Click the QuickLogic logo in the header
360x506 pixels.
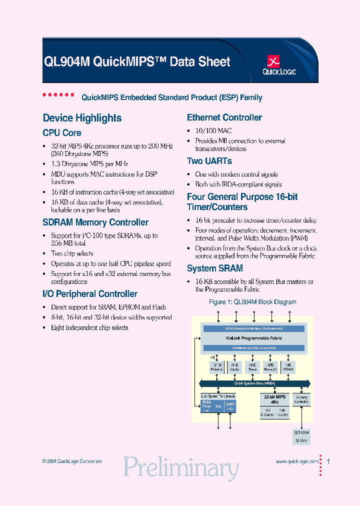tap(279, 66)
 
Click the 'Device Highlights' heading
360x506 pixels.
tap(82, 118)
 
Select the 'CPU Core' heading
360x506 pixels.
tap(62, 133)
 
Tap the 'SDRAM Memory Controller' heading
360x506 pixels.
tap(95, 222)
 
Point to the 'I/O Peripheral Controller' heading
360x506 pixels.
tap(90, 294)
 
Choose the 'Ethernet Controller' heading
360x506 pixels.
tap(224, 117)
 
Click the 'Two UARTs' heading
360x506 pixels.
tap(209, 161)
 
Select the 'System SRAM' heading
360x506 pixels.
tap(215, 268)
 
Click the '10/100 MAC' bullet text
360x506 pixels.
tap(213, 130)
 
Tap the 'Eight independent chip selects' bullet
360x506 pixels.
tap(89, 327)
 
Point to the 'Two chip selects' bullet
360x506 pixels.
tap(72, 253)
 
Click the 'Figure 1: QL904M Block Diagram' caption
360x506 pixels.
tap(252, 302)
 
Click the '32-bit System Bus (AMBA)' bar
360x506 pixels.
tap(253, 383)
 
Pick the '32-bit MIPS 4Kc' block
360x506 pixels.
tap(274, 399)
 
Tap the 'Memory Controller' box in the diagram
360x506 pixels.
tap(301, 399)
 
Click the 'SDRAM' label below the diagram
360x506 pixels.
tap(301, 432)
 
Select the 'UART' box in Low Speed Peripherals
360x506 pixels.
tap(230, 406)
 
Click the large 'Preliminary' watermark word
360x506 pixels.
tap(181, 468)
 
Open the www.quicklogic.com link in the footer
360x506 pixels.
tap(297, 461)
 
